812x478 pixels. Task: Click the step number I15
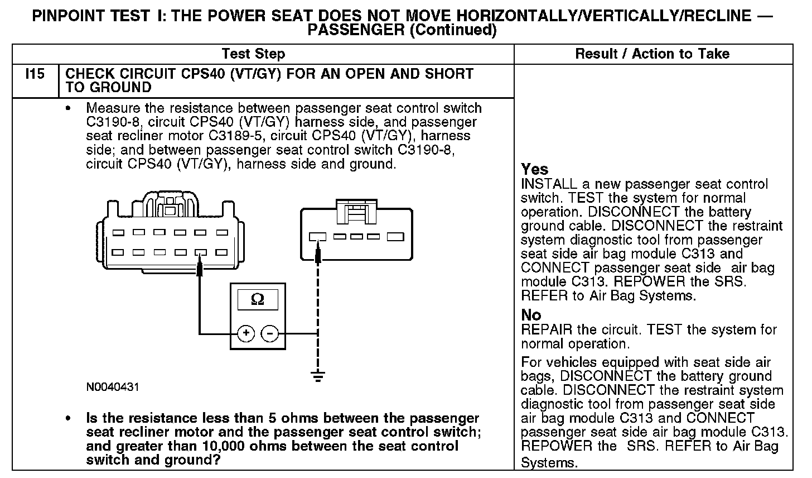pyautogui.click(x=35, y=74)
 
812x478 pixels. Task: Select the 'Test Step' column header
pyautogui.click(x=253, y=54)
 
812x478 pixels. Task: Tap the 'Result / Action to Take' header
pyautogui.click(x=652, y=54)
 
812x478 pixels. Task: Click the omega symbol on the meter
pyautogui.click(x=258, y=300)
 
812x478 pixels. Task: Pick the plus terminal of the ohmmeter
pyautogui.click(x=246, y=334)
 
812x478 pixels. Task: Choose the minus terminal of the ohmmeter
pyautogui.click(x=270, y=334)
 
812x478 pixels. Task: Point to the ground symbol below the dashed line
pyautogui.click(x=318, y=376)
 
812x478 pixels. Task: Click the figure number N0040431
pyautogui.click(x=112, y=387)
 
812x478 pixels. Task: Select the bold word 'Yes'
pyautogui.click(x=534, y=169)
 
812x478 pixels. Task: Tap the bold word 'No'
pyautogui.click(x=531, y=315)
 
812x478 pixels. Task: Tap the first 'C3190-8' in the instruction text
pyautogui.click(x=112, y=122)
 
